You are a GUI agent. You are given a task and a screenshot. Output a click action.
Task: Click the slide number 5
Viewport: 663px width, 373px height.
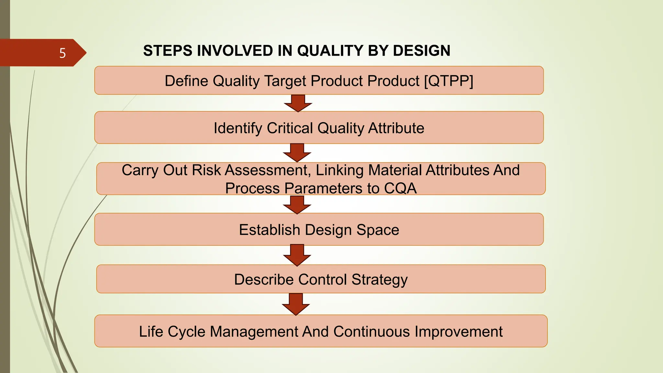[62, 53]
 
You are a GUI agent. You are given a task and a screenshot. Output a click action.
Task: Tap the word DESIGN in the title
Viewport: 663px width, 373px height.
[421, 51]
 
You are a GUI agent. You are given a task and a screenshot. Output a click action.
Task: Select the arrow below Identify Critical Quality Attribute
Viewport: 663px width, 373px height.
[297, 153]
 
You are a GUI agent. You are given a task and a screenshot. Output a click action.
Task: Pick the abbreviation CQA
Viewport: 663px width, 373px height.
[400, 188]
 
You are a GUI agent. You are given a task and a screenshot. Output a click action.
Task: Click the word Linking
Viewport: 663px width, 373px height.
[340, 170]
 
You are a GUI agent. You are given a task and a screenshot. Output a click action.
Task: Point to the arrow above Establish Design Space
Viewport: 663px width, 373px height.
[297, 205]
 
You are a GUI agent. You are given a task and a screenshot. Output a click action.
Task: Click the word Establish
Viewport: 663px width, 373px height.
[269, 230]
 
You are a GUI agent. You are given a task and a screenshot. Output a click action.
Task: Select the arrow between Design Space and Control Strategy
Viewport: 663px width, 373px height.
[297, 255]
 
